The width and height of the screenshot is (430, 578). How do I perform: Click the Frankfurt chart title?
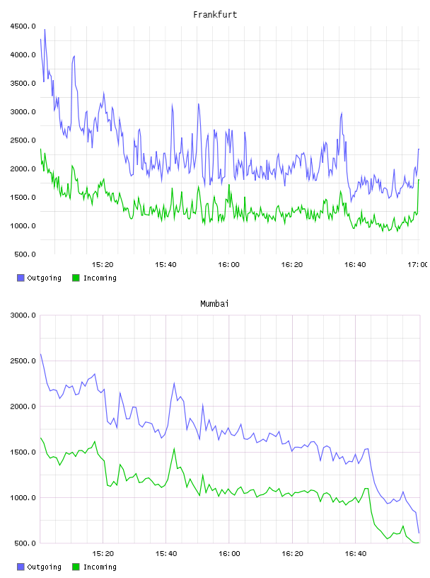coord(215,15)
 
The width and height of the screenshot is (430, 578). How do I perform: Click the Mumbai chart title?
coord(214,304)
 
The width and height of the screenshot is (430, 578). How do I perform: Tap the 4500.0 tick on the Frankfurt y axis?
coord(23,26)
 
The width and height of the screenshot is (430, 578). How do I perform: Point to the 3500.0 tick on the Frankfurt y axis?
coord(23,84)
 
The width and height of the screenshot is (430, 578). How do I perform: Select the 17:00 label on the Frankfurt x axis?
coord(418,265)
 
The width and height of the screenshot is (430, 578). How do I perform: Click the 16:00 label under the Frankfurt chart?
coord(228,265)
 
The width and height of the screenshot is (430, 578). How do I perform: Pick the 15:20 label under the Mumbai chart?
coord(103,554)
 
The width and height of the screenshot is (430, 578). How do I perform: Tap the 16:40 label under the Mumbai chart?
coord(355,554)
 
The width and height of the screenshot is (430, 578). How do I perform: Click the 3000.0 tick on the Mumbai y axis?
coord(23,315)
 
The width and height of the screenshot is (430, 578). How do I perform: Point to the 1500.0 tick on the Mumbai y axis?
coord(23,453)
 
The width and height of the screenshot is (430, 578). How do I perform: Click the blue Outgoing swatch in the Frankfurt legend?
coord(21,278)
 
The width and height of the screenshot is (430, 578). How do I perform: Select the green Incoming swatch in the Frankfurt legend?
coord(76,278)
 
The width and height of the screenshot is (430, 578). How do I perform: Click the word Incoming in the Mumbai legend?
coord(100,567)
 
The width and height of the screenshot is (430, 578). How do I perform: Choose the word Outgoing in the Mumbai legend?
coord(44,567)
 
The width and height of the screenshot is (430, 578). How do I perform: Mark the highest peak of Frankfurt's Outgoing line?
coord(45,29)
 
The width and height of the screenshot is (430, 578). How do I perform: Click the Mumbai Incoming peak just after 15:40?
coord(174,448)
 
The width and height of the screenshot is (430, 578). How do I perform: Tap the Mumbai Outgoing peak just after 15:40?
coord(174,383)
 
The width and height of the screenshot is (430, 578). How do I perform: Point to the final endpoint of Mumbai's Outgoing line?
coord(419,533)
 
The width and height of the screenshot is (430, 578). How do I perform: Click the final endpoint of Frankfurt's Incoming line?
coord(419,179)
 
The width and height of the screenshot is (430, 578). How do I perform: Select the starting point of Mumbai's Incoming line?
coord(40,438)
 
